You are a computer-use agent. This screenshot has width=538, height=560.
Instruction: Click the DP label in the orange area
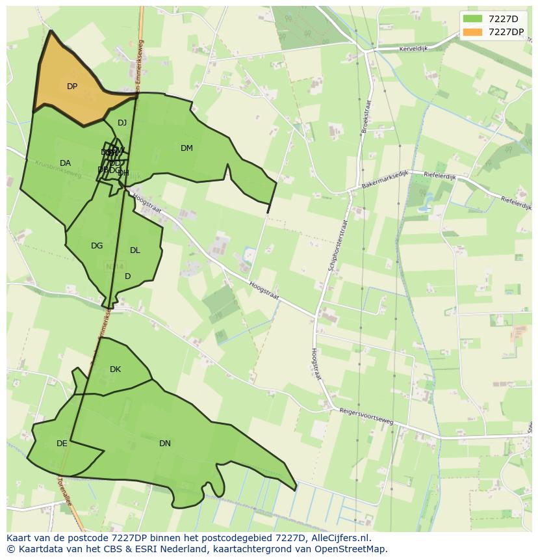click(72, 87)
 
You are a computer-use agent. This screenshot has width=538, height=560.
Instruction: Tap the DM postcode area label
click(186, 148)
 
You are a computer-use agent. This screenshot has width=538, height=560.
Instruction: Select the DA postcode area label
click(65, 163)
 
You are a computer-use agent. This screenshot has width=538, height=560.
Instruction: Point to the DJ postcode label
click(122, 123)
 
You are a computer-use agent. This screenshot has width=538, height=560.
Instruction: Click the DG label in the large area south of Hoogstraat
click(97, 246)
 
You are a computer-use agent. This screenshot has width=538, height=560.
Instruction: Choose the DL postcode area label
click(135, 250)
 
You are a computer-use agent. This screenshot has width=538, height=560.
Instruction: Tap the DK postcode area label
click(115, 369)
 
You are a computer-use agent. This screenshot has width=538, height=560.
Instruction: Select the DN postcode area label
click(165, 444)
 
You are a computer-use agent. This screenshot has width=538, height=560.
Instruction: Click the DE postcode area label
click(62, 444)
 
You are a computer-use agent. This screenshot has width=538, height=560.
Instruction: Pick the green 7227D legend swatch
click(472, 19)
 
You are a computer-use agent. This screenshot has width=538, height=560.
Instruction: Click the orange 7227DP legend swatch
click(472, 32)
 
